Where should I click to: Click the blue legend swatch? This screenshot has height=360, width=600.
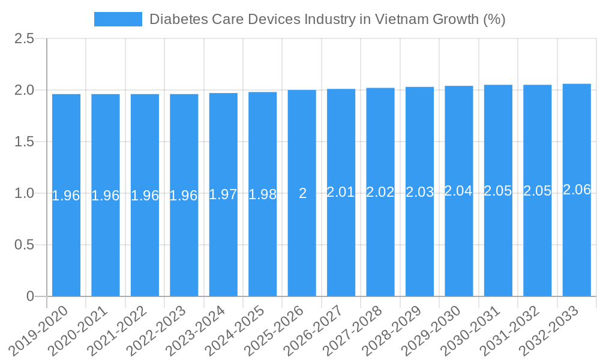point(118,19)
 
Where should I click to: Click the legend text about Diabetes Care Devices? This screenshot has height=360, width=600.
point(327,19)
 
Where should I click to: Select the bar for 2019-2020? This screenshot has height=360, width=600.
point(66,240)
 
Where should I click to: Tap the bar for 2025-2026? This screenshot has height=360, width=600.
point(302,240)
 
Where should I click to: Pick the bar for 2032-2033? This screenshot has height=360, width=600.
point(577,240)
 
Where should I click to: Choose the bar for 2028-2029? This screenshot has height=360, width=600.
point(419,240)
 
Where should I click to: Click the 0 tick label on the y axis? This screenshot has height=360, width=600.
point(31,296)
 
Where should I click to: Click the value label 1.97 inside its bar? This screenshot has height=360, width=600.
point(223,194)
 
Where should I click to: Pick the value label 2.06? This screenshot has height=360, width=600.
point(577,190)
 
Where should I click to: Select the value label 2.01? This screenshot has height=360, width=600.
point(341,192)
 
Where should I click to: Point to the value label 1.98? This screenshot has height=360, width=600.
point(262,194)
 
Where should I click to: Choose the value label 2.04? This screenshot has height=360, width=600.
point(458,191)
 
